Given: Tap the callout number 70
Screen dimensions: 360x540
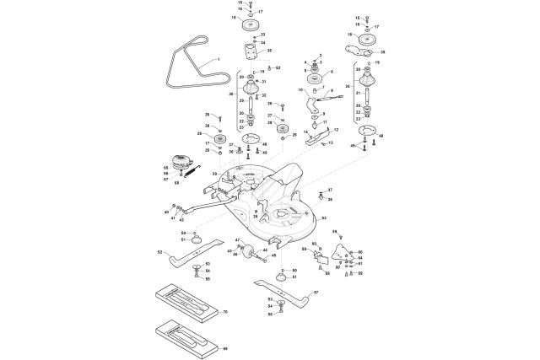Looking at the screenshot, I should [x=225, y=312].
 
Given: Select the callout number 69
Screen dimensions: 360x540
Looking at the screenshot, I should [x=225, y=348].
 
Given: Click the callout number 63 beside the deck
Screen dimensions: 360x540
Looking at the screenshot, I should [x=322, y=217].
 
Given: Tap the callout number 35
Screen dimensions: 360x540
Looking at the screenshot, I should [x=269, y=51].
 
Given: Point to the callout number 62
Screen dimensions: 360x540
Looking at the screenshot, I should [x=278, y=67].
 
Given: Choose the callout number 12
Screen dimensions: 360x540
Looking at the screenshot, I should [x=337, y=129].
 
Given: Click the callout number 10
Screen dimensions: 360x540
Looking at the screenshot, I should [x=300, y=89].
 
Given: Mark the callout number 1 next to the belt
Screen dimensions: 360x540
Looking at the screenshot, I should [x=219, y=61].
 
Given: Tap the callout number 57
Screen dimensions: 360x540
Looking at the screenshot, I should [x=316, y=292].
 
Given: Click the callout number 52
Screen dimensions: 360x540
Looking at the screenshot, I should [x=159, y=251].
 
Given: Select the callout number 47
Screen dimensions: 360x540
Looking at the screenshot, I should [x=238, y=241].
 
